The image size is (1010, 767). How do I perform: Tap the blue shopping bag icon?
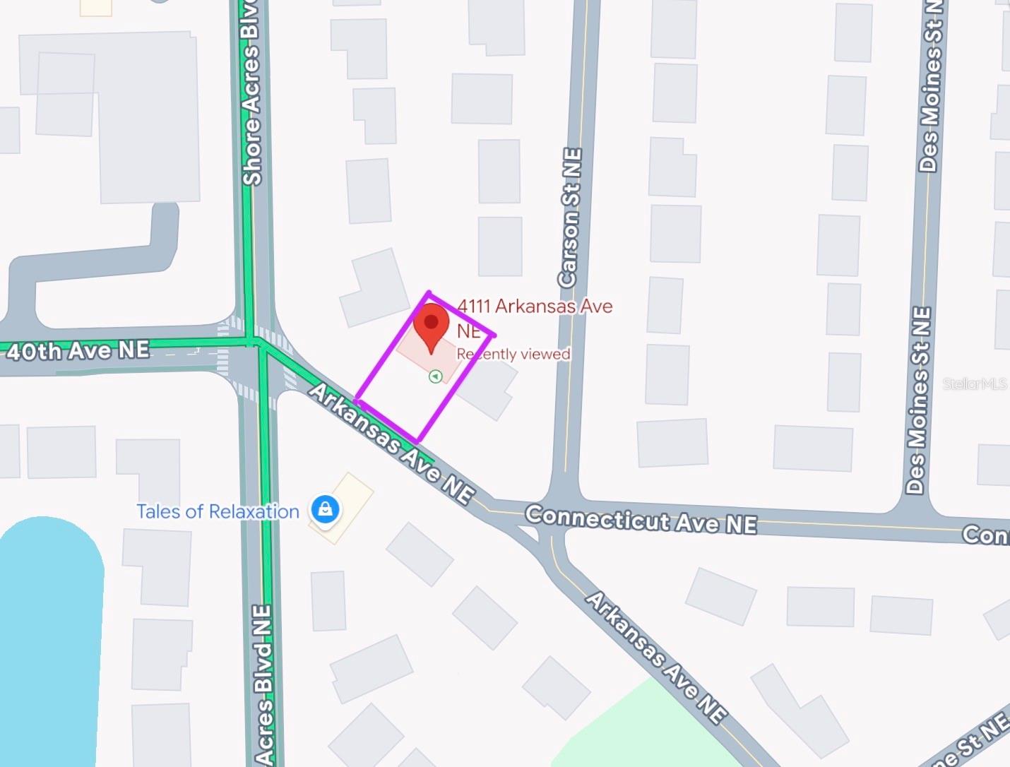[x=325, y=509]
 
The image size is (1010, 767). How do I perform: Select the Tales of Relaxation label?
[x=218, y=511]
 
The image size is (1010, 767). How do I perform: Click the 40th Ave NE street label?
[x=78, y=350]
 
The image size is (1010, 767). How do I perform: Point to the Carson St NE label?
[x=570, y=218]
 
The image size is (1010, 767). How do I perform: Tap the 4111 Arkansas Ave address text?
[x=535, y=307]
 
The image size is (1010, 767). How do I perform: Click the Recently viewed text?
[x=513, y=354]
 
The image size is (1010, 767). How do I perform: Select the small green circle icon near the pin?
[x=436, y=376]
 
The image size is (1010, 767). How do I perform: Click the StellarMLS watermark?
[x=975, y=384]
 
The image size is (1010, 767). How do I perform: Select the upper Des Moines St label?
[x=931, y=85]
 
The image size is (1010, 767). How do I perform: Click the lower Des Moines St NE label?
[x=918, y=399]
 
